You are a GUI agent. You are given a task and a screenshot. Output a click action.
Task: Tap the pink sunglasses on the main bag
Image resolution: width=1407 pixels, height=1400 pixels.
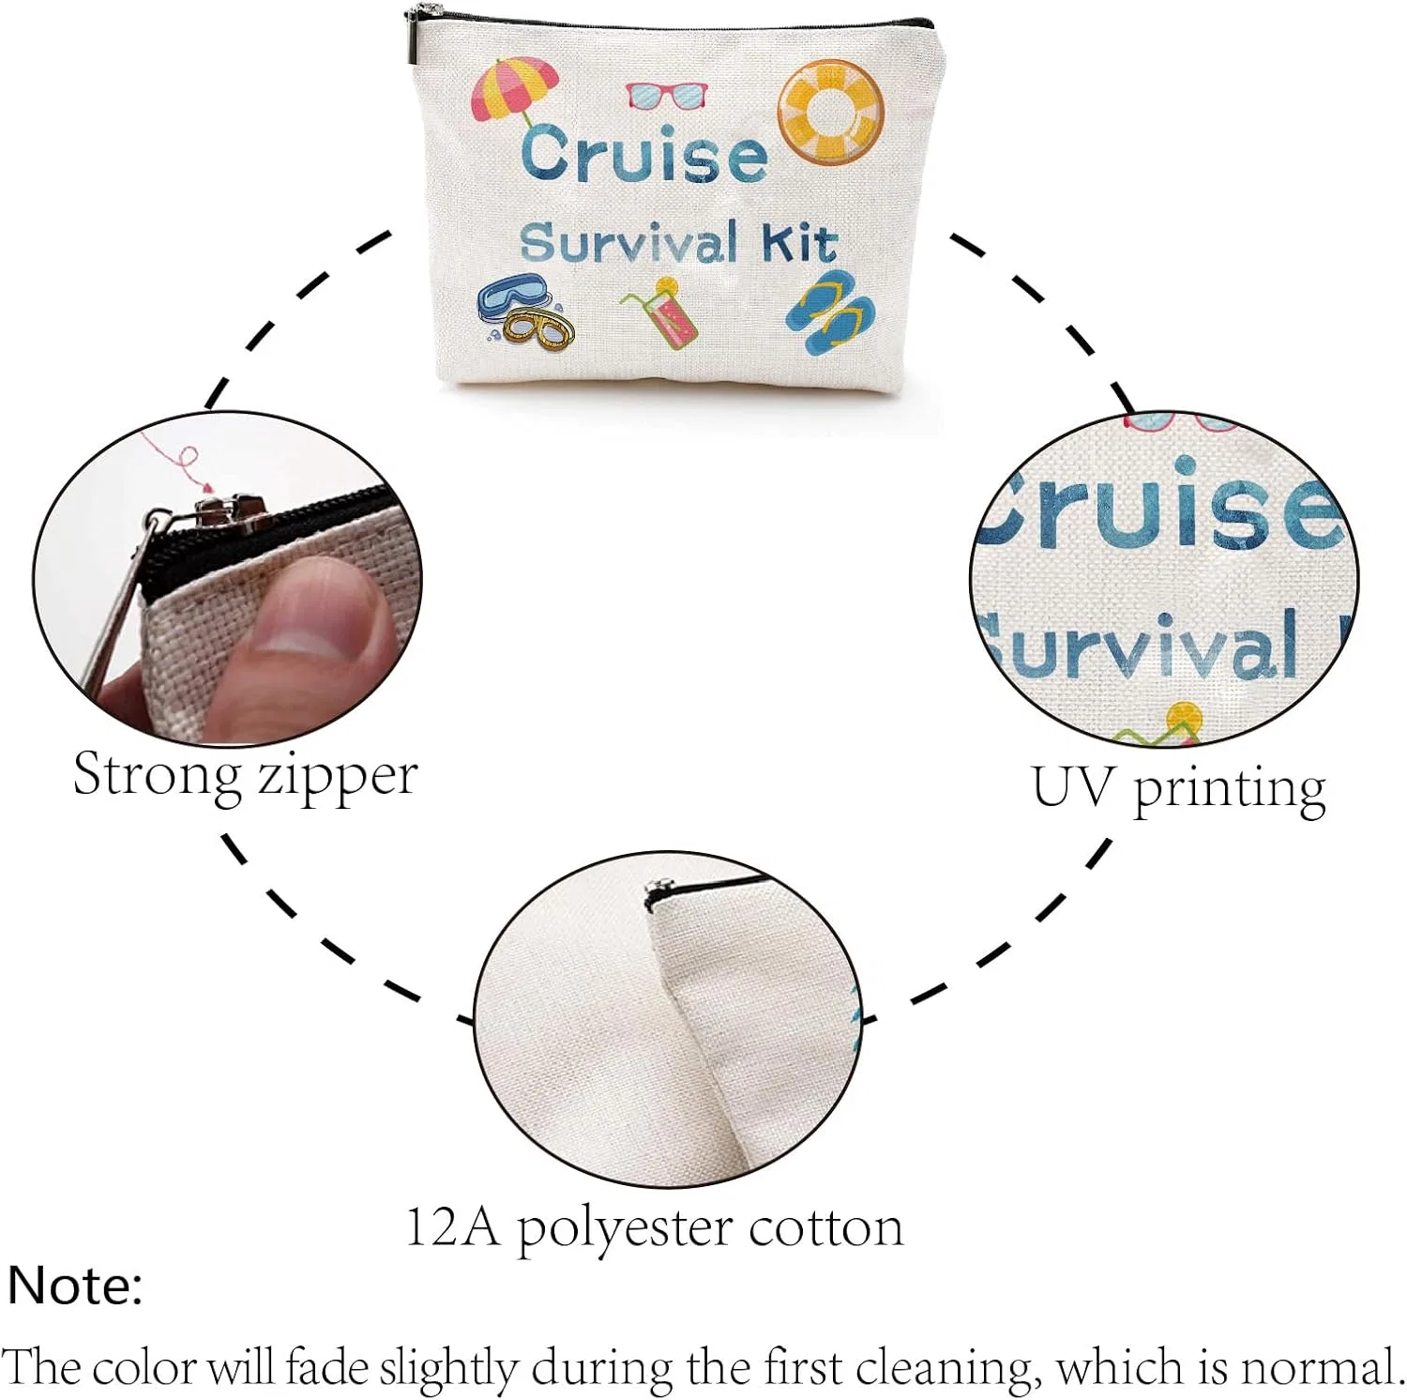point(667,95)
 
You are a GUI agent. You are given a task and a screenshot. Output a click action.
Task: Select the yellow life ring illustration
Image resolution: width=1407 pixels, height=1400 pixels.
point(831,112)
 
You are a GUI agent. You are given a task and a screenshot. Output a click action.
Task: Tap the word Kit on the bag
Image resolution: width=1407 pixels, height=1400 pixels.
point(798,243)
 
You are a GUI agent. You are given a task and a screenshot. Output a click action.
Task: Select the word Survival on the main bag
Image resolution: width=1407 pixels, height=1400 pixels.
point(628,241)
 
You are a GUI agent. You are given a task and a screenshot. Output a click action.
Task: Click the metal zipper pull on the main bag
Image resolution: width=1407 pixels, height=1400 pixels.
point(413,36)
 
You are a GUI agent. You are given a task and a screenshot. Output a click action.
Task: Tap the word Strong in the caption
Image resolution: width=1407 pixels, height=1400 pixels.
point(157,777)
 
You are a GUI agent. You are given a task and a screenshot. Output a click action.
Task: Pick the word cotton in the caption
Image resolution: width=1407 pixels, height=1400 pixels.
point(825,1227)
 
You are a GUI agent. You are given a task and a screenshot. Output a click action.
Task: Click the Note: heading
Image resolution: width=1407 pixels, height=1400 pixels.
point(75,1285)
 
